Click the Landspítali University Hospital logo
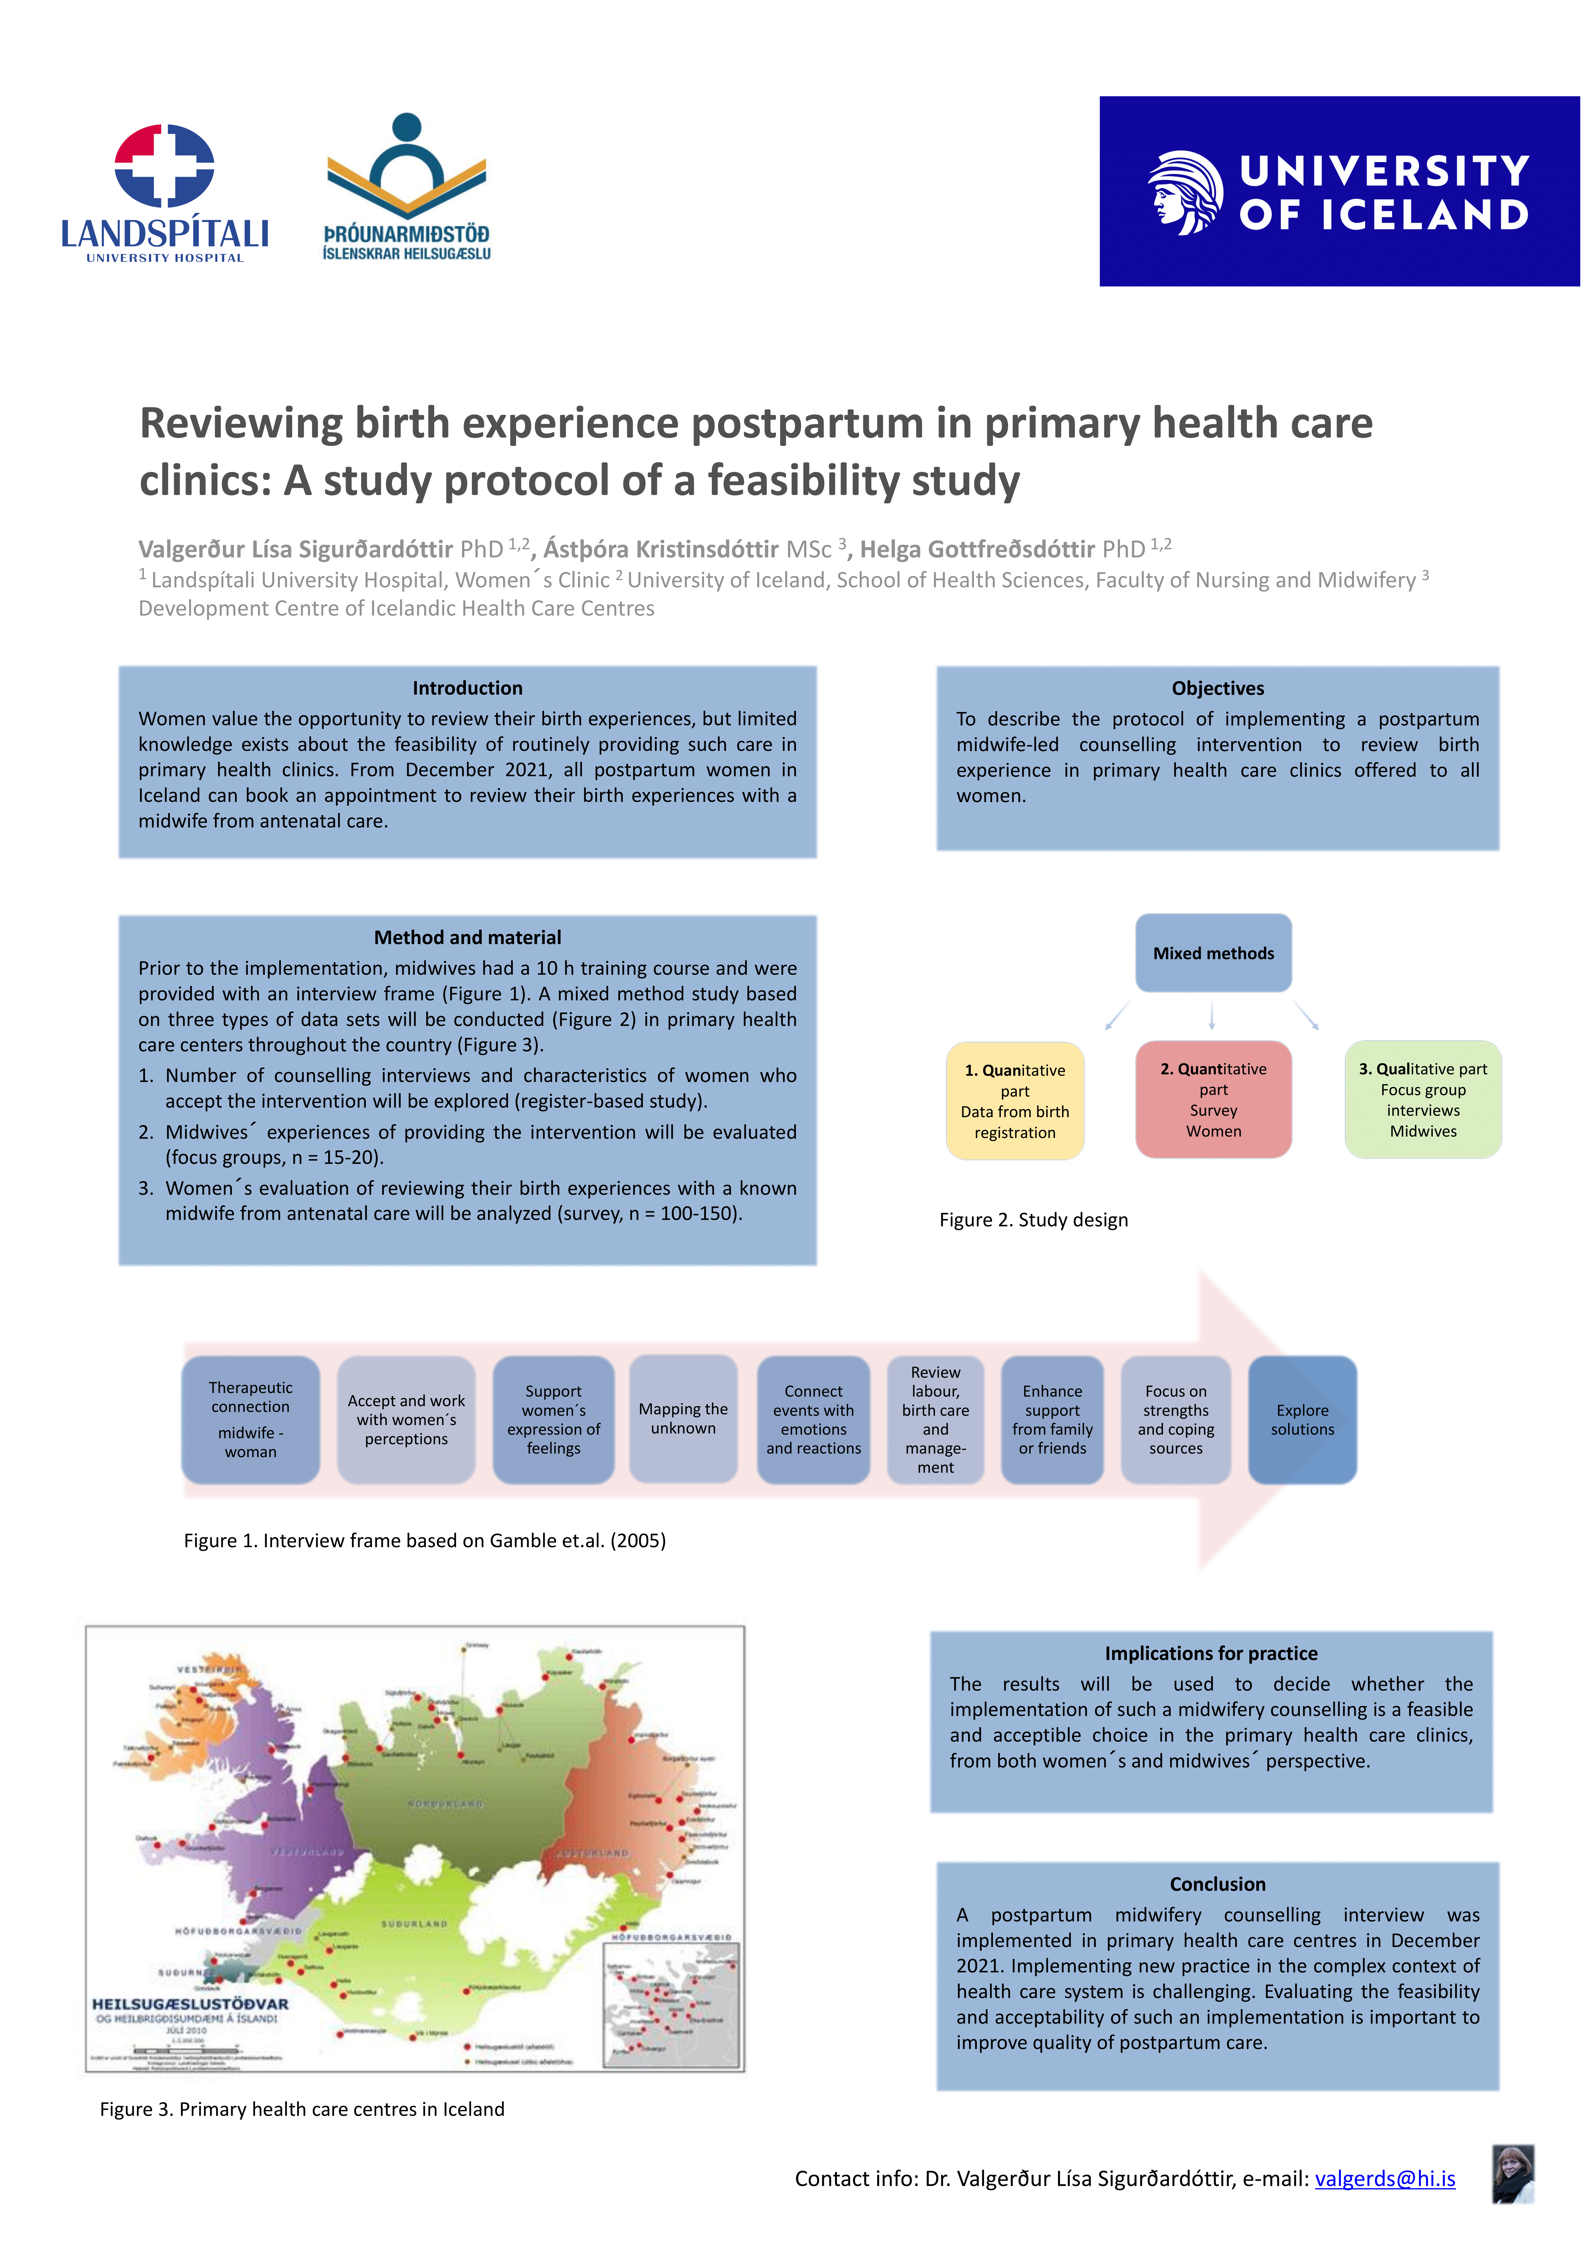click(x=164, y=193)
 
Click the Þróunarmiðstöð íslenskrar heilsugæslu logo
click(x=406, y=187)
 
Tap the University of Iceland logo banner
click(x=1339, y=191)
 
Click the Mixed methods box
click(x=1213, y=953)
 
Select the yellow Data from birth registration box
click(x=1015, y=1100)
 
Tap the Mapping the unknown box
click(x=684, y=1419)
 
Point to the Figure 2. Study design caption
click(x=1033, y=1220)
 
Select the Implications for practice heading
click(x=1211, y=1653)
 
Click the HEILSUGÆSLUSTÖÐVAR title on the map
click(x=190, y=2004)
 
